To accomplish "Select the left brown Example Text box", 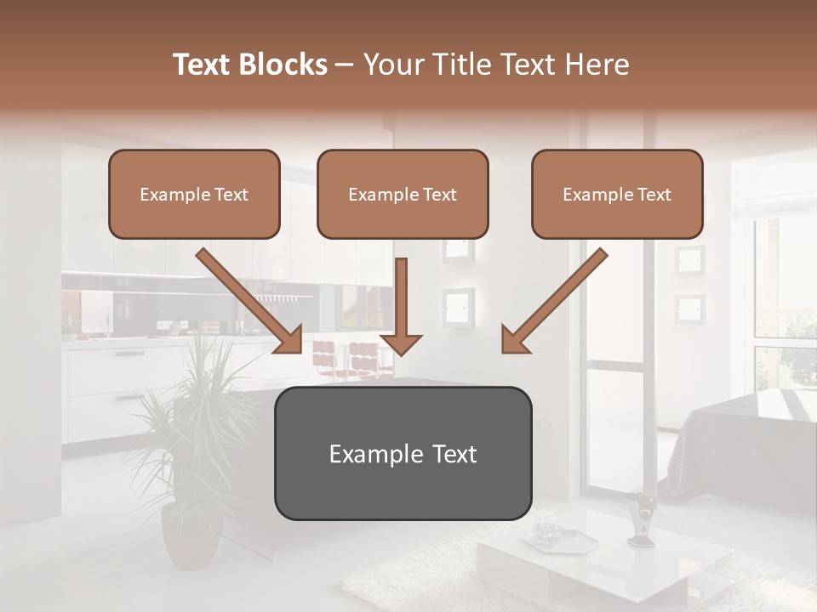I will coord(194,195).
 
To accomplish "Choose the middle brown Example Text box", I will coord(403,195).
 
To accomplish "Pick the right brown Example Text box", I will coord(617,195).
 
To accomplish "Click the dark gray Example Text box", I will coord(403,454).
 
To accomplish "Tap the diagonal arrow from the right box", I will coord(554,302).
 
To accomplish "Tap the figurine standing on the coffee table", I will coord(641,517).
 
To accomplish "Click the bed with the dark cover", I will coord(740,433).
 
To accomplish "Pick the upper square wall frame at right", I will coord(690,259).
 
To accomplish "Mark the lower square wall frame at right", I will coord(690,309).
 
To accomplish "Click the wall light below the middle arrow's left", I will coord(458,305).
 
